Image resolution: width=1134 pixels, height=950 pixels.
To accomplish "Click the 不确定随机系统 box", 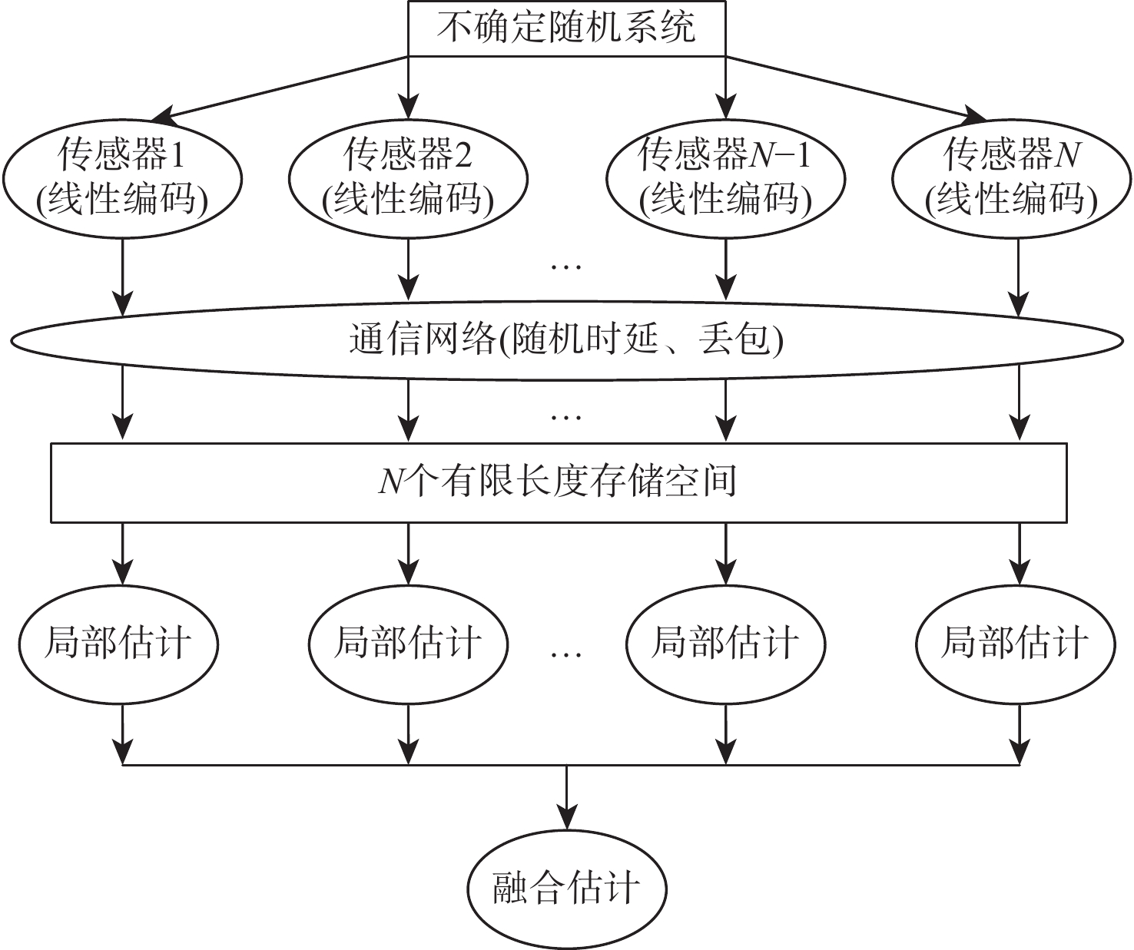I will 566,28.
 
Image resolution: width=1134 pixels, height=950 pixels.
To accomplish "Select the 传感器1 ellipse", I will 122,177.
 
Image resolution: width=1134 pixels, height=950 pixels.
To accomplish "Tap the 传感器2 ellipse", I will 408,177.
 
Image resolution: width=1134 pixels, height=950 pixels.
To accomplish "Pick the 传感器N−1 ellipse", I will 725,177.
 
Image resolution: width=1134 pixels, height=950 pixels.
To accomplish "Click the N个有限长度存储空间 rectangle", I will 559,482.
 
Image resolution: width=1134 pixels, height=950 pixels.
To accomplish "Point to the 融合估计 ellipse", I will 566,889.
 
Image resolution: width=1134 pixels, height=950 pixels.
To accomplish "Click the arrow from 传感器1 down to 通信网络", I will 122,276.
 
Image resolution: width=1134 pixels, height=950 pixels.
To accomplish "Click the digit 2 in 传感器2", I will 463,156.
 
